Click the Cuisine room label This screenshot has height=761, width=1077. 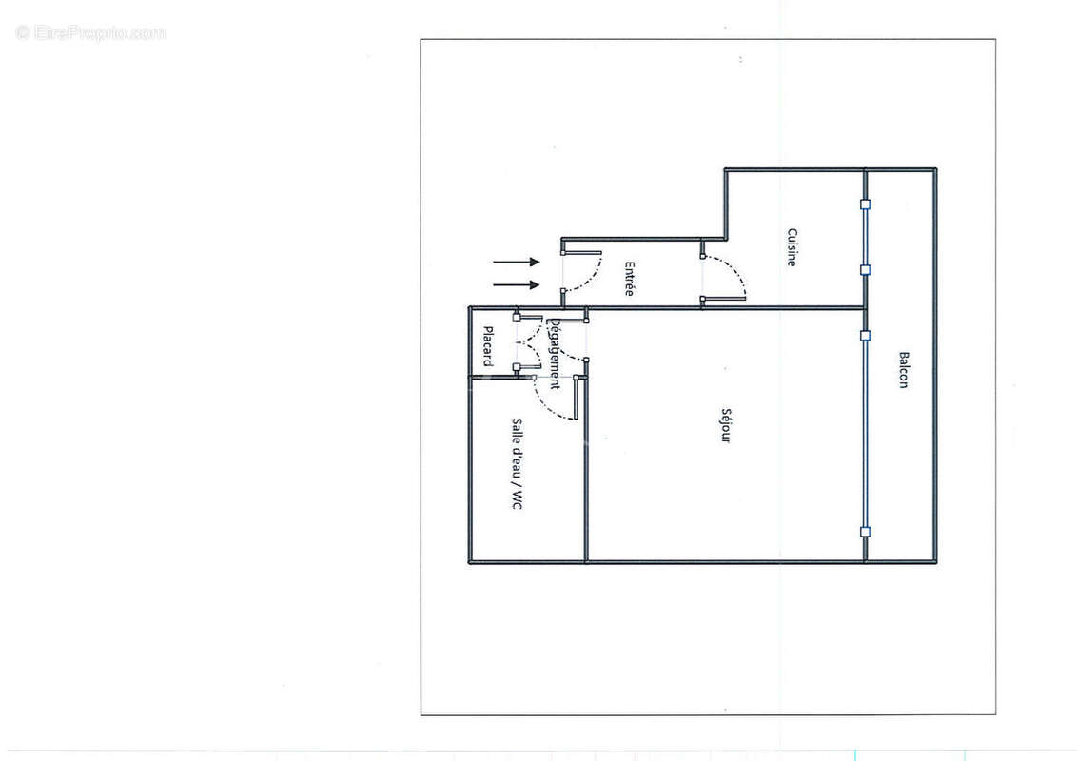point(792,246)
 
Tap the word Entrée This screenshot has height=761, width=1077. point(629,279)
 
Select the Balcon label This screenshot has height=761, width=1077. point(903,370)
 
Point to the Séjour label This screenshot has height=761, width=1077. point(725,425)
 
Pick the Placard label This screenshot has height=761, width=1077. point(487,346)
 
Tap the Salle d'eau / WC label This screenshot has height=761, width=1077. point(517,464)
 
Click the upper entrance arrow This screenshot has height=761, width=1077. point(517,262)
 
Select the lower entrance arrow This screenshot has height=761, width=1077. point(517,284)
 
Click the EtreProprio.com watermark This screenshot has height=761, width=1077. point(91,33)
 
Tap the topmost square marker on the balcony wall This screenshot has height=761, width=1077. point(865,204)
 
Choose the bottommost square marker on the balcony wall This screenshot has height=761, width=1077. point(865,532)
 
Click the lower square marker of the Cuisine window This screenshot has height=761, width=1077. point(865,270)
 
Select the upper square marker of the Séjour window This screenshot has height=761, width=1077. point(865,335)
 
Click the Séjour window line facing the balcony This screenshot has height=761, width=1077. point(865,433)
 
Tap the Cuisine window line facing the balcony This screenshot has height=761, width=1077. point(865,237)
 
